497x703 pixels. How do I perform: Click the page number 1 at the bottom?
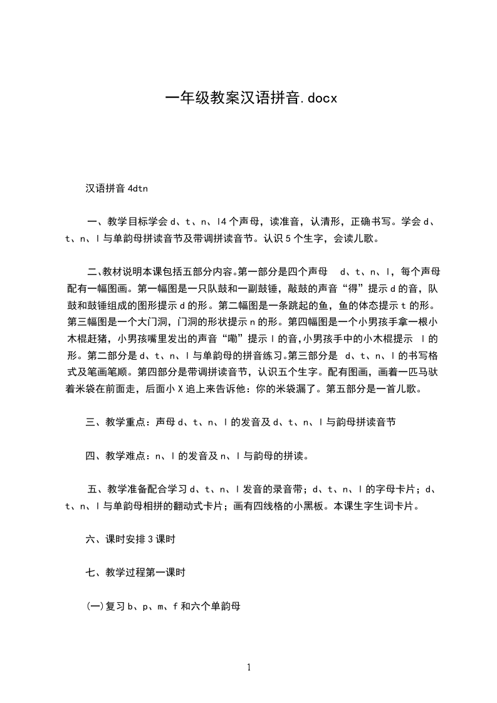coord(249,667)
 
